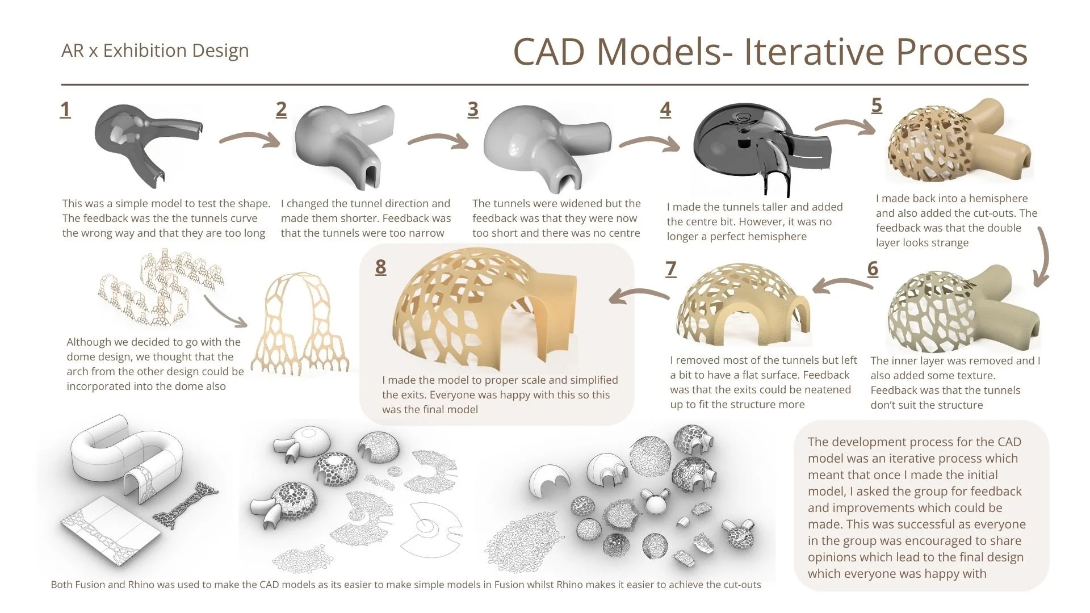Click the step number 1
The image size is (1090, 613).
point(65,110)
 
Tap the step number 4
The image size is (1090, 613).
point(665,110)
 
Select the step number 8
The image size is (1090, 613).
point(380,267)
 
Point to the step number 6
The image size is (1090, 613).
point(873,268)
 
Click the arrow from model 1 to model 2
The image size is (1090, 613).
point(250,139)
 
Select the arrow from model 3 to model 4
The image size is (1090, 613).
point(649,142)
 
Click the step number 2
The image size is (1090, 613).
point(281,110)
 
